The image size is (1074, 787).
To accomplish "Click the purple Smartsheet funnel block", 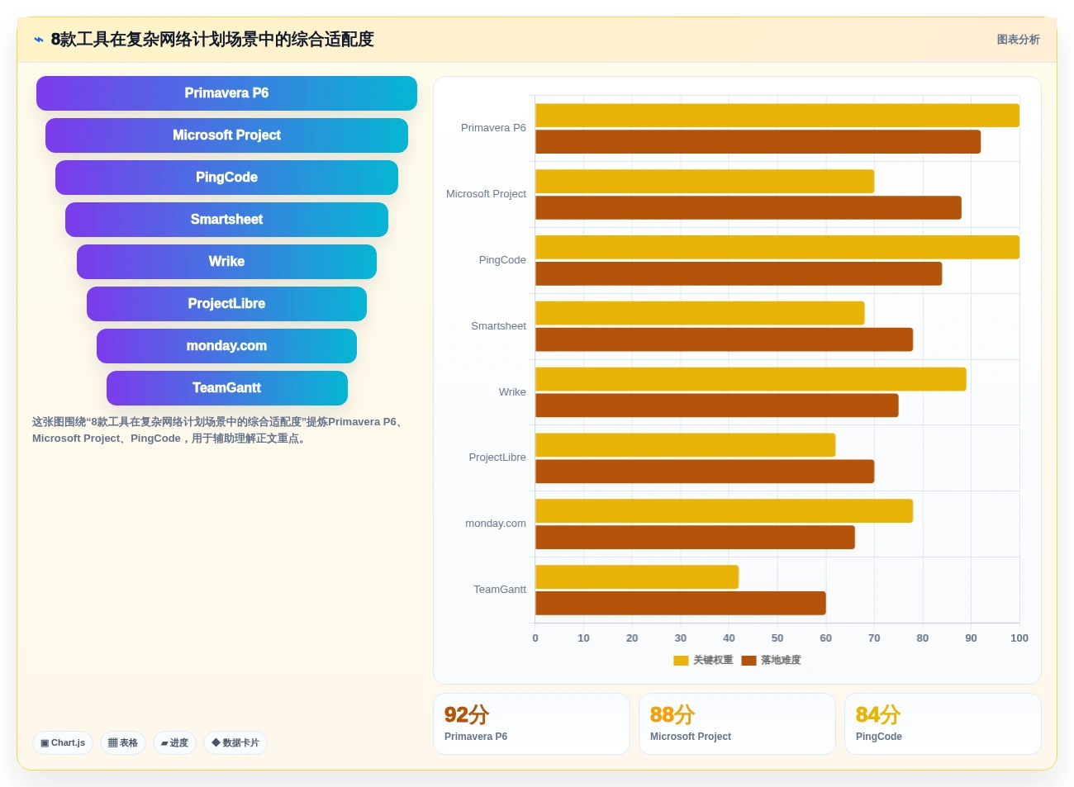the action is point(226,220).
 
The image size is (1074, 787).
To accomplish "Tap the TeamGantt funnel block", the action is point(227,388).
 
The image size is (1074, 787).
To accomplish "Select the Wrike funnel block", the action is point(226,262).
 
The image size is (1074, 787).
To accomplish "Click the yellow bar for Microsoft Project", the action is point(705,181).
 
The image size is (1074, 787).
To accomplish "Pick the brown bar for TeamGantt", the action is point(681,603).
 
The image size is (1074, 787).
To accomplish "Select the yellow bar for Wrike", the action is point(750,379).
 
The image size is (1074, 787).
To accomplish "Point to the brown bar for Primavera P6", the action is point(758,142).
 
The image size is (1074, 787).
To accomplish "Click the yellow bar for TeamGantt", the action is point(637,576).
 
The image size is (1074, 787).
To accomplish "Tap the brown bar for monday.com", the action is point(695,538).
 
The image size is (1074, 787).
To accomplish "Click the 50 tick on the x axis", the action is point(777,638).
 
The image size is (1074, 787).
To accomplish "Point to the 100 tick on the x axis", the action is point(1019,638).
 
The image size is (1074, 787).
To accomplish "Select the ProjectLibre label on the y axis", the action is point(497,458).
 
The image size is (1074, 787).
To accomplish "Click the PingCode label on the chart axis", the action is point(502,260).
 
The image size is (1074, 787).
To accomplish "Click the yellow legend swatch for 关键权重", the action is point(681,661).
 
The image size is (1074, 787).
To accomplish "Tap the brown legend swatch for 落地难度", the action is point(748,661).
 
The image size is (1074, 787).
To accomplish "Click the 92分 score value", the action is point(467,714).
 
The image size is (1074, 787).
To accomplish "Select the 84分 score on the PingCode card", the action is point(878,714).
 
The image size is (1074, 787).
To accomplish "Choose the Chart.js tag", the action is point(63,743).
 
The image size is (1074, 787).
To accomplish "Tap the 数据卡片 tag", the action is point(235,743).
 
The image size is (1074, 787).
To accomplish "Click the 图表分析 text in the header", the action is point(1018,40).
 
